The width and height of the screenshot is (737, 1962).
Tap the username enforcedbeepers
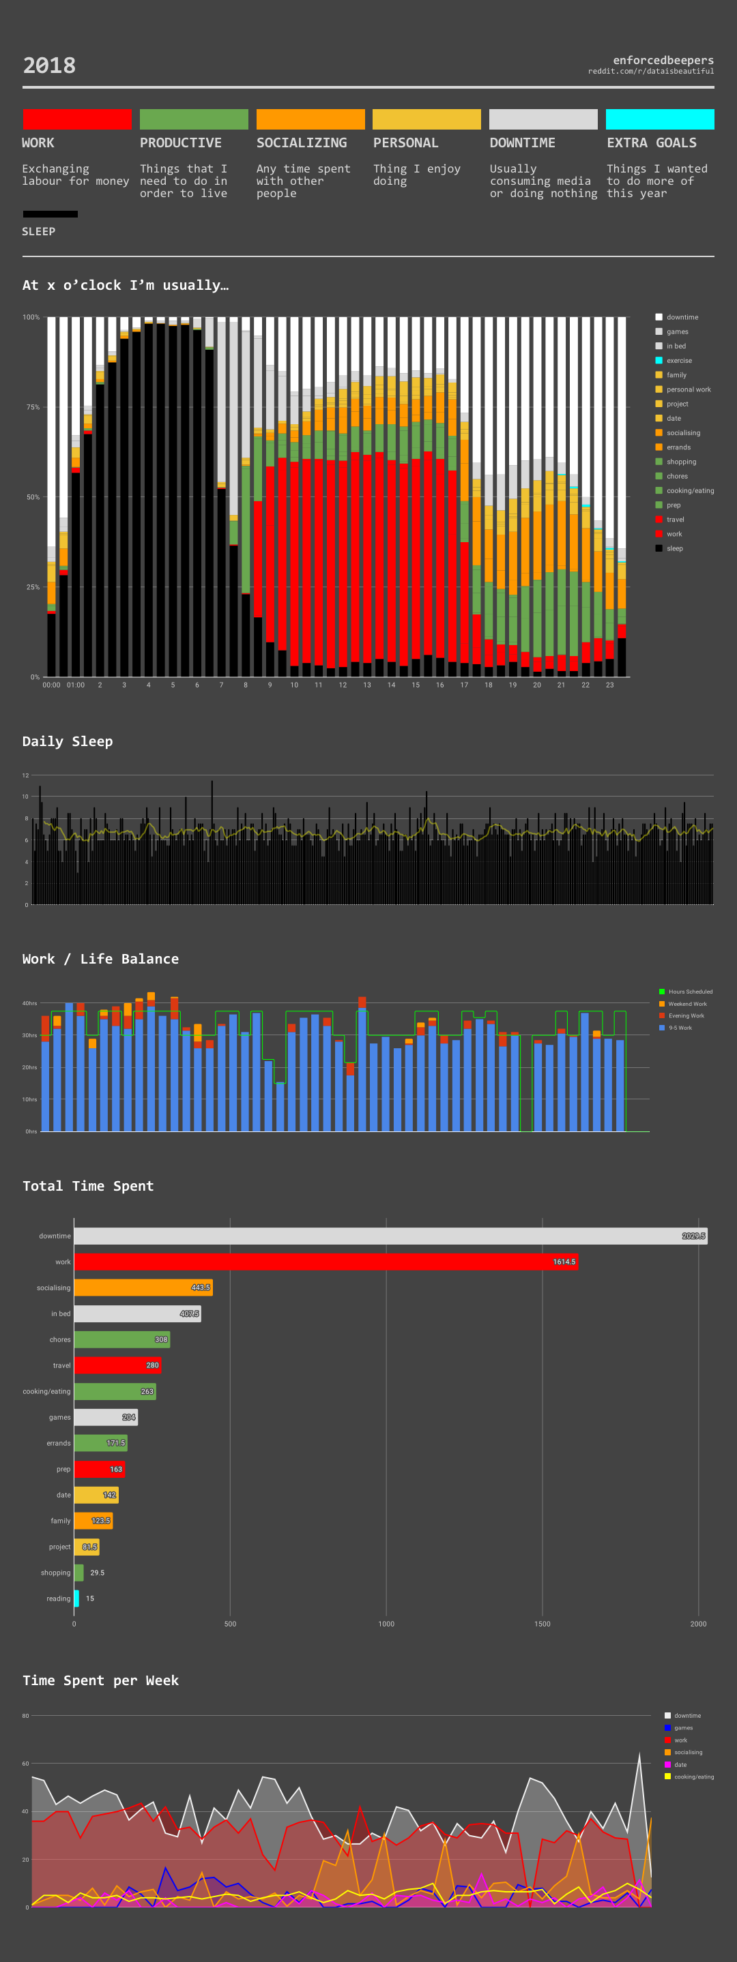coord(663,60)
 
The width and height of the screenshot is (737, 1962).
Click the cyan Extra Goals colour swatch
coord(659,119)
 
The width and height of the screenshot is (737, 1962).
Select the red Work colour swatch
coord(77,119)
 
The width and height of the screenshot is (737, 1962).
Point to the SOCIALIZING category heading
coord(301,143)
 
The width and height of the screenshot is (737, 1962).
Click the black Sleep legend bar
coord(50,214)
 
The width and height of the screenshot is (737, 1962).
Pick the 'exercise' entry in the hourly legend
coord(678,360)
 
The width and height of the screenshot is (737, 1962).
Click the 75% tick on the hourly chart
coord(33,406)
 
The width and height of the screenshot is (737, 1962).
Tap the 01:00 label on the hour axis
coord(76,685)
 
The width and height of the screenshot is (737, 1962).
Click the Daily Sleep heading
coord(68,741)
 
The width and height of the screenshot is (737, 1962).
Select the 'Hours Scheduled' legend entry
coord(690,992)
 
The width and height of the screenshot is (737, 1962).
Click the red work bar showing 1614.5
coord(326,1262)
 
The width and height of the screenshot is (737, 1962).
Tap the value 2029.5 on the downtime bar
coord(693,1236)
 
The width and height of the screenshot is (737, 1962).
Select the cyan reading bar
coord(76,1599)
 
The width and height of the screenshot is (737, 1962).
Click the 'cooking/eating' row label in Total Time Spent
coord(46,1391)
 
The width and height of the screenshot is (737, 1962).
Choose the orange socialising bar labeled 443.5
coord(143,1288)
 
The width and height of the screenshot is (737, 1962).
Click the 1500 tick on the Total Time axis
coord(542,1624)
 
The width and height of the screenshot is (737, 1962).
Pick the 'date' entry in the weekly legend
coord(680,1765)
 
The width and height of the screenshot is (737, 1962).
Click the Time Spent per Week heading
coord(100,1680)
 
